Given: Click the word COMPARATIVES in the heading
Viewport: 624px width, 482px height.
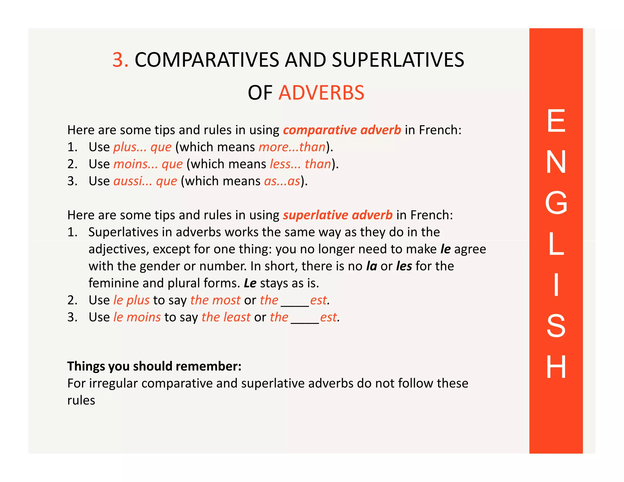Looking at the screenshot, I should [x=207, y=60].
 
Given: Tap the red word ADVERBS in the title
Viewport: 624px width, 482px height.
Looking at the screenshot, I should [x=321, y=93].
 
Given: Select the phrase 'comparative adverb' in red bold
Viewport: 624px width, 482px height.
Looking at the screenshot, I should [x=342, y=130].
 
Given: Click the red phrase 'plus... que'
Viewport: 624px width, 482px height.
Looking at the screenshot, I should [x=143, y=147].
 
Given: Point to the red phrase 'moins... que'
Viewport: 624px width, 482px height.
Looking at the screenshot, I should [x=148, y=164].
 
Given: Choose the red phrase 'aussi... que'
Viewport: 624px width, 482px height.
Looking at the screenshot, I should [x=145, y=181].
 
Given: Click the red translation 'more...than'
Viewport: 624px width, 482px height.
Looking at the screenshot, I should [x=292, y=147].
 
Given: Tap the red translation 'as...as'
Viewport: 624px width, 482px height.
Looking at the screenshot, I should [x=282, y=181].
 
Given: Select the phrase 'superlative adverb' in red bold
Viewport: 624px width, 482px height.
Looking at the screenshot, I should [x=338, y=215].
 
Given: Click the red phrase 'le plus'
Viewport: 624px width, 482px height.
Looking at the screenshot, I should [x=131, y=300].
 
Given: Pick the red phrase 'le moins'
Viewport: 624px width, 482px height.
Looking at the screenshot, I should [x=137, y=317].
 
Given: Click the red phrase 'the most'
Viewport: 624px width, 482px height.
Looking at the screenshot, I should [x=215, y=300].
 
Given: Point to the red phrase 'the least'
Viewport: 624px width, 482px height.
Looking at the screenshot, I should [x=226, y=317].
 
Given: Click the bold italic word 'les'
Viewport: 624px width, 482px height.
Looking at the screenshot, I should [x=404, y=266].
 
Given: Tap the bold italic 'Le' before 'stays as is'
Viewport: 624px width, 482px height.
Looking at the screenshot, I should [x=250, y=283].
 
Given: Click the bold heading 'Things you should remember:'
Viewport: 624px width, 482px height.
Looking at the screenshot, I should [x=154, y=366].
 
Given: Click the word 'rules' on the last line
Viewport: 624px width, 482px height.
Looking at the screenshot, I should [x=81, y=400].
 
